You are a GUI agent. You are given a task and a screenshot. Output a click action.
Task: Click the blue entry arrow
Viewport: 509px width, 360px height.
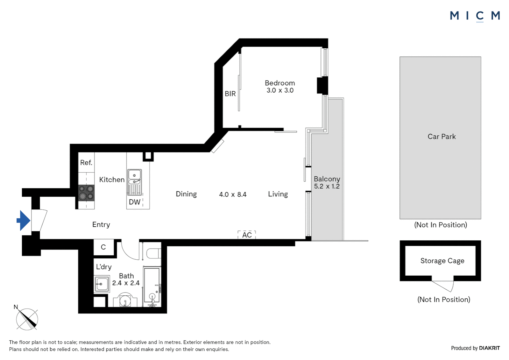(x=23, y=220)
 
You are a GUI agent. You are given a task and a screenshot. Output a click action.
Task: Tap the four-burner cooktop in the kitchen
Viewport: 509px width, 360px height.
(x=86, y=193)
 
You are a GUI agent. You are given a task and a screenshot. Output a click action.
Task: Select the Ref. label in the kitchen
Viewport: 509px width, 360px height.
(x=86, y=163)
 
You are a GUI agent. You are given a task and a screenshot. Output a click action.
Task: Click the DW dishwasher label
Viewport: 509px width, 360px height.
(x=135, y=202)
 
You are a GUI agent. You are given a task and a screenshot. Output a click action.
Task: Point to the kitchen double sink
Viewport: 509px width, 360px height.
(x=135, y=182)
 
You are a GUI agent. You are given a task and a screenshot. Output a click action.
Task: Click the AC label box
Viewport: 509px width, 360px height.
(x=247, y=235)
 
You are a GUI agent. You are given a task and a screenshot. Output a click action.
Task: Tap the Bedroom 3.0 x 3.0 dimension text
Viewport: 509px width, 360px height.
(x=280, y=90)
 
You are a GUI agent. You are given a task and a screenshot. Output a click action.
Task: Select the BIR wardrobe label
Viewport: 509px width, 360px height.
(x=230, y=94)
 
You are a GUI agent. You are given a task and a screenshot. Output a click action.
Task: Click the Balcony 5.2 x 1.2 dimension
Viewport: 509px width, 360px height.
(x=327, y=186)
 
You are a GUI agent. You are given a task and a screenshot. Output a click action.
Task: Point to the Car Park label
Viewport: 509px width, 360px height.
(x=441, y=136)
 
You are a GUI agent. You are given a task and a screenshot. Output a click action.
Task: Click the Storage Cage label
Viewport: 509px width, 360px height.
(x=442, y=261)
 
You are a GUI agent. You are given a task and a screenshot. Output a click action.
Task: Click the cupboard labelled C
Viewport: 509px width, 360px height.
(x=104, y=247)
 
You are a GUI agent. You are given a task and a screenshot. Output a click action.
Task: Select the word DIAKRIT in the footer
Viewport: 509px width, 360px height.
(x=489, y=348)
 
